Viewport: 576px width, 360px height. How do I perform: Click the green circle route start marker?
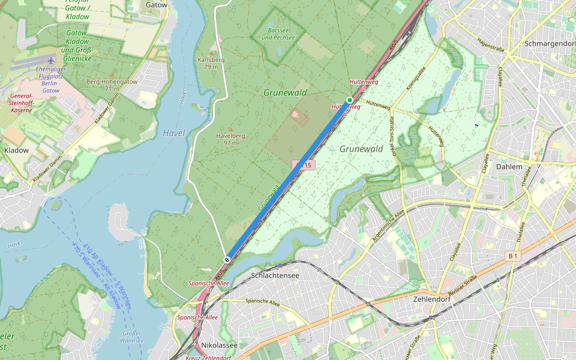(x=349, y=100)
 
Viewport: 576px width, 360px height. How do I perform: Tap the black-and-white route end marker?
(x=227, y=259)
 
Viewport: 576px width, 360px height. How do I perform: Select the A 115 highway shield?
(x=304, y=165)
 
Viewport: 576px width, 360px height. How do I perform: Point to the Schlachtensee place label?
(x=275, y=275)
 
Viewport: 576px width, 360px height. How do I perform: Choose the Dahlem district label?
(x=509, y=167)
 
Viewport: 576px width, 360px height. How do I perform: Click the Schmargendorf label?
(x=549, y=44)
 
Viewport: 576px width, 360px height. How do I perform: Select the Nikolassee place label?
(x=219, y=345)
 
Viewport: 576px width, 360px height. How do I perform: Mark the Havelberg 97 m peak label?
(x=230, y=139)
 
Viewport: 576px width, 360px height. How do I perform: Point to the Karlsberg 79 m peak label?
(x=211, y=63)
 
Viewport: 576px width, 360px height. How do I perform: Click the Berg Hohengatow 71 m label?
(x=112, y=85)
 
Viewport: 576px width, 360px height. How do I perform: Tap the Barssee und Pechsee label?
(x=278, y=34)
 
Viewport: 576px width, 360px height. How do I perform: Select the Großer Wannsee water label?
(x=131, y=337)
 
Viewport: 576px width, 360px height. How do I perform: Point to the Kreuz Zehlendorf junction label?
(x=208, y=358)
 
